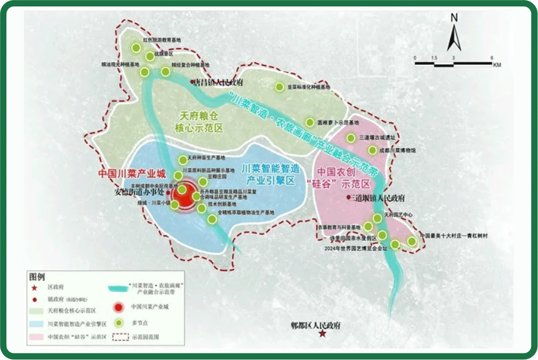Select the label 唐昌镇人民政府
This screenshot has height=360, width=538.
click(219, 82)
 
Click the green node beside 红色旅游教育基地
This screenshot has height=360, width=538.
click(136, 47)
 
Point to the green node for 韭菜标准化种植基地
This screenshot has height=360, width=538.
click(279, 87)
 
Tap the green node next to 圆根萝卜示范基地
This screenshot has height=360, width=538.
click(310, 122)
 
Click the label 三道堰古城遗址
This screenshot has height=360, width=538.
click(378, 138)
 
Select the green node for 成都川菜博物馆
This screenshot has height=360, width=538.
click(373, 150)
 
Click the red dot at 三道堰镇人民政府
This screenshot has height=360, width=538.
click(348, 198)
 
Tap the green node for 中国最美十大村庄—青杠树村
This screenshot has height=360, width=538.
click(412, 242)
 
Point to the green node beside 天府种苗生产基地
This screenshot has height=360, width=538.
click(183, 159)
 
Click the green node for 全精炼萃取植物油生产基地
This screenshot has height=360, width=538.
click(212, 218)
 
